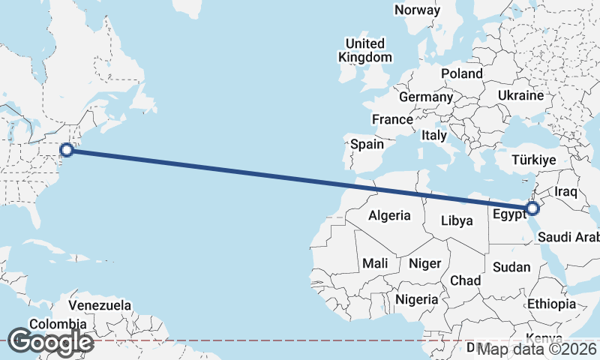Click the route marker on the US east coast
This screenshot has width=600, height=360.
pyautogui.click(x=67, y=150)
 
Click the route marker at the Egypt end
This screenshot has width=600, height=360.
pyautogui.click(x=531, y=208)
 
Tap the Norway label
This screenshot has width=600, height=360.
pyautogui.click(x=418, y=10)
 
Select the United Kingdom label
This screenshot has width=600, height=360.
pyautogui.click(x=364, y=50)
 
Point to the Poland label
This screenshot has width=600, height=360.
pyautogui.click(x=462, y=73)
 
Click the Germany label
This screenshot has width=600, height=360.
pyautogui.click(x=426, y=97)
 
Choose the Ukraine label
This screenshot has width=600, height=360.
pyautogui.click(x=520, y=96)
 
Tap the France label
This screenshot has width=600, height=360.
pyautogui.click(x=392, y=119)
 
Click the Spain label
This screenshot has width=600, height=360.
pyautogui.click(x=367, y=144)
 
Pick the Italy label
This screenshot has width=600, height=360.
pyautogui.click(x=433, y=136)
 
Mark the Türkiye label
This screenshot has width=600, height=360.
pyautogui.click(x=533, y=160)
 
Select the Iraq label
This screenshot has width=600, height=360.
pyautogui.click(x=567, y=192)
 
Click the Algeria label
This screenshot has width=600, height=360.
pyautogui.click(x=389, y=215)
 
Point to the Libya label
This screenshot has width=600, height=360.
pyautogui.click(x=457, y=220)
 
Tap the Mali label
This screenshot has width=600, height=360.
pyautogui.click(x=375, y=263)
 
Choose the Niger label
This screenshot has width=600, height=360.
pyautogui.click(x=424, y=263)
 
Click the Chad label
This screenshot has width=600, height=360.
pyautogui.click(x=465, y=280)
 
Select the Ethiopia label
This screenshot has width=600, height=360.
pyautogui.click(x=551, y=304)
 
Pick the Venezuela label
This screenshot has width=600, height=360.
pyautogui.click(x=100, y=306)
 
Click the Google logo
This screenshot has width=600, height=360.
pyautogui.click(x=50, y=342)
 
